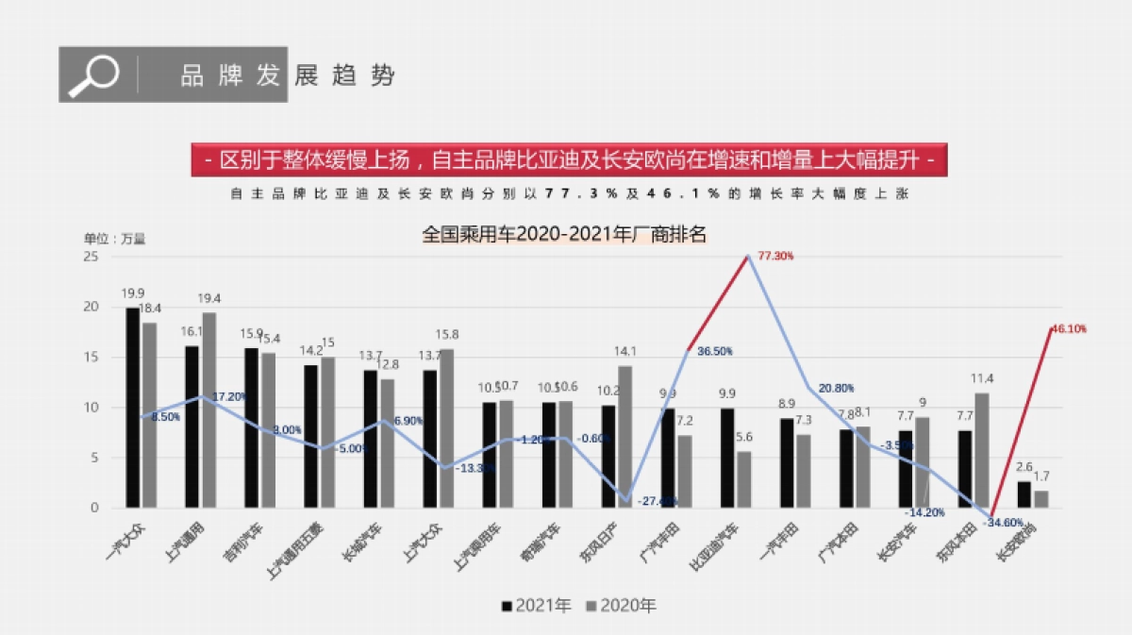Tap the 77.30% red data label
point(775,256)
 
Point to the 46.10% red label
point(1068,329)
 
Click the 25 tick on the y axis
point(91,256)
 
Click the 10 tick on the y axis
point(91,408)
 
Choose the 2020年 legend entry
point(621,606)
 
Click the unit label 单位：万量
point(115,239)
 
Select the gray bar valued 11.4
point(982,450)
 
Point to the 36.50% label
point(715,351)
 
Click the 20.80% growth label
point(837,388)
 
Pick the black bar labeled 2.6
point(1024,494)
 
